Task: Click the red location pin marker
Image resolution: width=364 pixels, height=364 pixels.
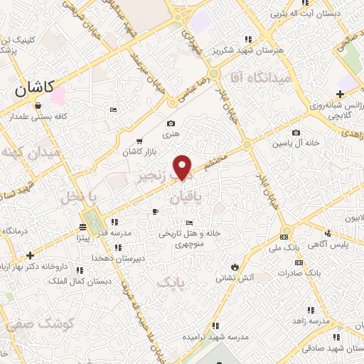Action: coord(183,166)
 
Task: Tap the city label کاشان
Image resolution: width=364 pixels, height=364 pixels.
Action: coord(37,90)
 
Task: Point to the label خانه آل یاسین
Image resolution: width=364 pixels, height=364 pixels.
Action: coord(296,143)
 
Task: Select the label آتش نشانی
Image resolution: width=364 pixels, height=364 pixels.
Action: coord(235,277)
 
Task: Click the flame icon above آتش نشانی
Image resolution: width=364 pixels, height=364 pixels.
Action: coord(232,266)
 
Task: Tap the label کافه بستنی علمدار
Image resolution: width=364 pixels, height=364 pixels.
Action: coord(37,115)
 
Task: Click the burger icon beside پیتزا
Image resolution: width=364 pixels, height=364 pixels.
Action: coord(82,227)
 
